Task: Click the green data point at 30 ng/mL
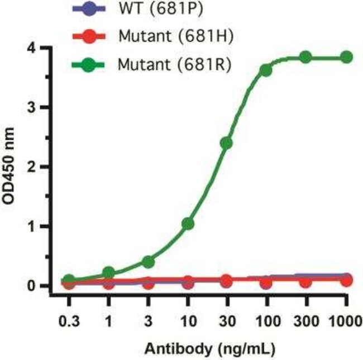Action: click(x=227, y=143)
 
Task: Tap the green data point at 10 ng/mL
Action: click(x=188, y=224)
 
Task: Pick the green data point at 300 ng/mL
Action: click(x=305, y=57)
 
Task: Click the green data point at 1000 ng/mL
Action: click(x=347, y=57)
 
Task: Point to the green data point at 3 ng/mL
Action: click(x=148, y=262)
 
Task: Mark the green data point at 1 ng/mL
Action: click(x=109, y=273)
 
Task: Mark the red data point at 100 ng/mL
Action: click(x=266, y=283)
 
